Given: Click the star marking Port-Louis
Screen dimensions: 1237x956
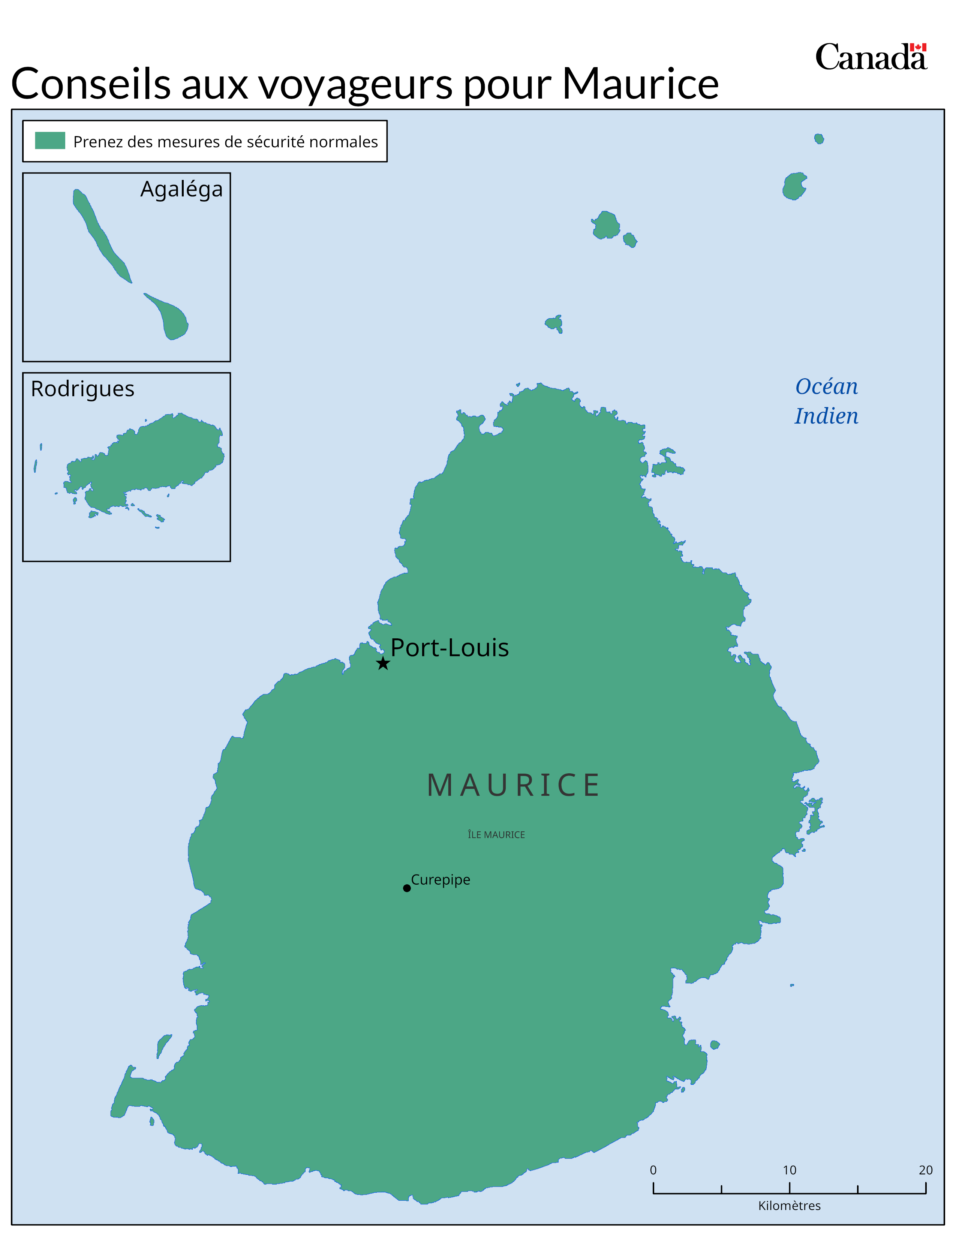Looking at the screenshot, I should [383, 663].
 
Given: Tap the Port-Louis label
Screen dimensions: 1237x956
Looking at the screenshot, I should [449, 647].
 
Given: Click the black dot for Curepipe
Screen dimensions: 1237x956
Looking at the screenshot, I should [407, 888].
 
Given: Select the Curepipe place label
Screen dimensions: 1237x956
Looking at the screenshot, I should [440, 880].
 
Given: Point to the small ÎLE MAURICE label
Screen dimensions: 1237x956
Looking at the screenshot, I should [496, 835].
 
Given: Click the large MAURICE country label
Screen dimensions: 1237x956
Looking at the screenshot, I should [513, 786].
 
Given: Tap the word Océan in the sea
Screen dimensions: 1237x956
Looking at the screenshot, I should [826, 387].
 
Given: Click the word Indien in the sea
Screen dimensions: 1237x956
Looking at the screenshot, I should [826, 416].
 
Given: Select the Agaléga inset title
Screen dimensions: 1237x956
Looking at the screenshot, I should [181, 190].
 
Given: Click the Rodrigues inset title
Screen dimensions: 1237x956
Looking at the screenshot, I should [83, 389].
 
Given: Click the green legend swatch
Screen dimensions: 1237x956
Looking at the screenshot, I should [50, 141].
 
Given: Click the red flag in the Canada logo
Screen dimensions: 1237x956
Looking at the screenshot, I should [918, 48].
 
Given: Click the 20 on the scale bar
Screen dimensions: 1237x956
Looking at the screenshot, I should [925, 1170].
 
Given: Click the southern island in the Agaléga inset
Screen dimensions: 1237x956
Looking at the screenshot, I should [173, 320].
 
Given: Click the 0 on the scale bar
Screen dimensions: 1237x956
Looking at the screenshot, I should [653, 1170].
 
